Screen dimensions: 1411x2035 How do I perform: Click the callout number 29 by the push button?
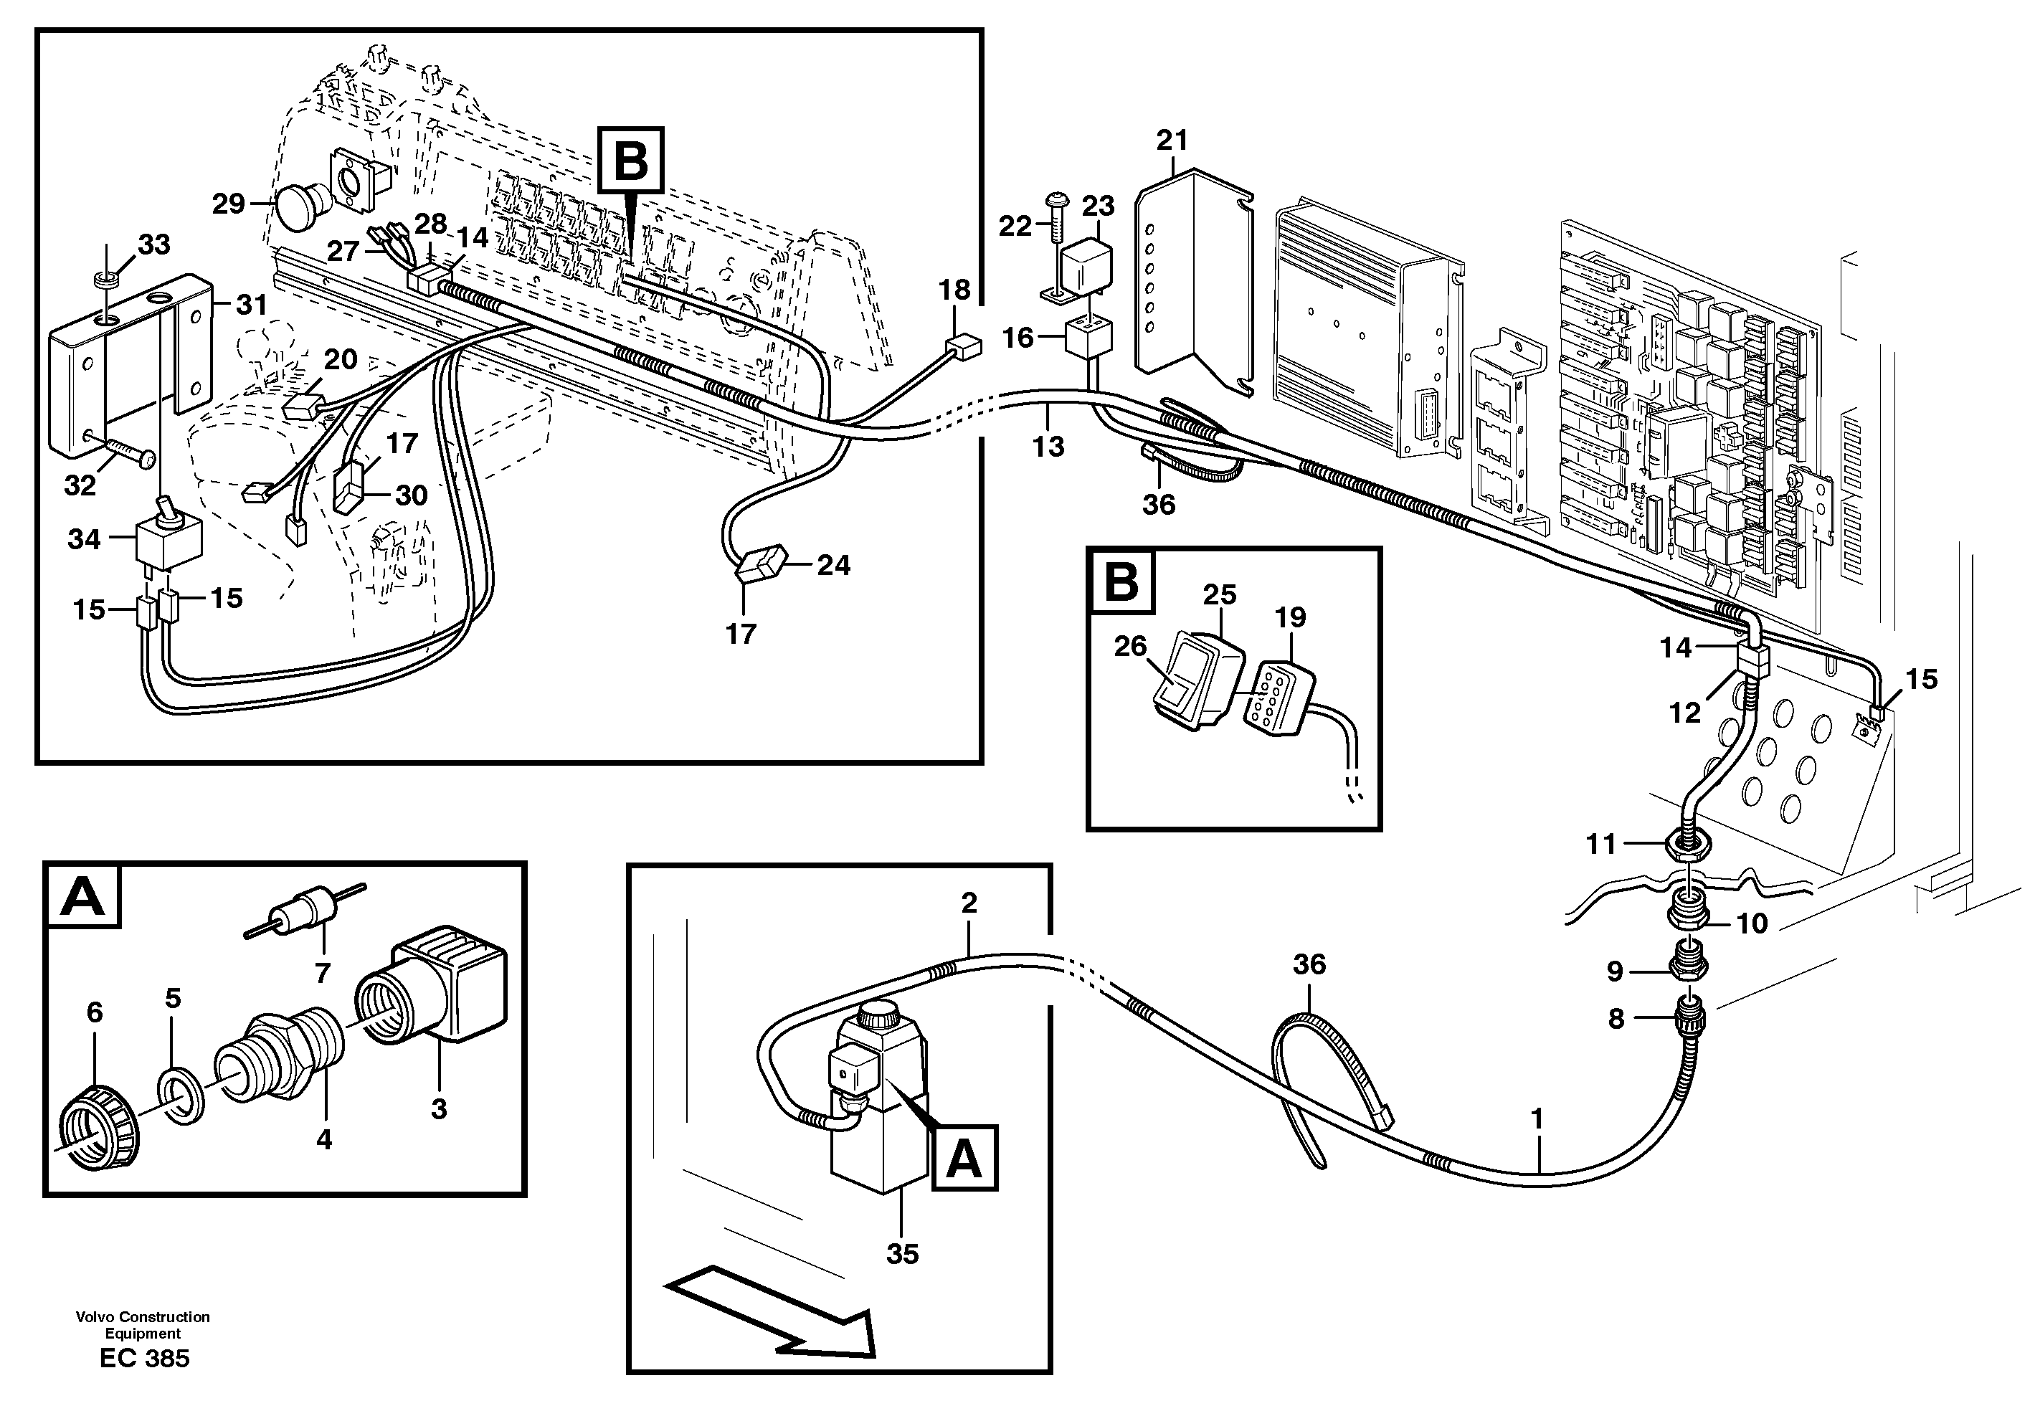pos(228,204)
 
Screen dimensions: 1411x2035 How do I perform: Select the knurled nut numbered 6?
pos(100,1137)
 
